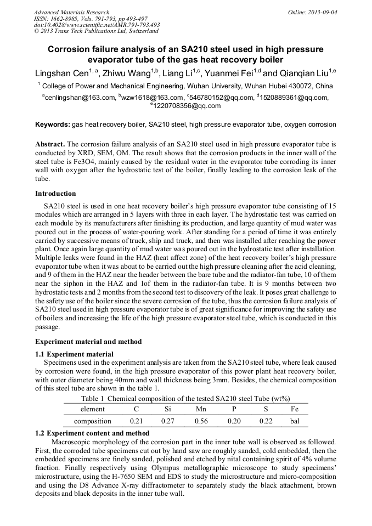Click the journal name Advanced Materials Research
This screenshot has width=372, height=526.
coord(72,12)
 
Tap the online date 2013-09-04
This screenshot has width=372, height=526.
coord(320,12)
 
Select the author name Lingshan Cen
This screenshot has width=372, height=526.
coord(62,73)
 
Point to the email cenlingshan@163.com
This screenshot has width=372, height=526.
coord(78,98)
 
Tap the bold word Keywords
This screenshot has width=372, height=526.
coord(52,125)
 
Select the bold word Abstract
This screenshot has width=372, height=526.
coord(50,144)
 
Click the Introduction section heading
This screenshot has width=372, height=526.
coord(55,194)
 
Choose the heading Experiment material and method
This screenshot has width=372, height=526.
coord(88,342)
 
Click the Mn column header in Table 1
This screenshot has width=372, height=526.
coord(201,409)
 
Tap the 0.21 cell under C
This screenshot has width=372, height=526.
coord(137,421)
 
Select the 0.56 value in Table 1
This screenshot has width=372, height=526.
coord(201,421)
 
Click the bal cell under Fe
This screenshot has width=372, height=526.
coord(295,421)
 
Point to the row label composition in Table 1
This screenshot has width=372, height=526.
coord(92,421)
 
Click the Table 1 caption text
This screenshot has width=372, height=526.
coord(185,398)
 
